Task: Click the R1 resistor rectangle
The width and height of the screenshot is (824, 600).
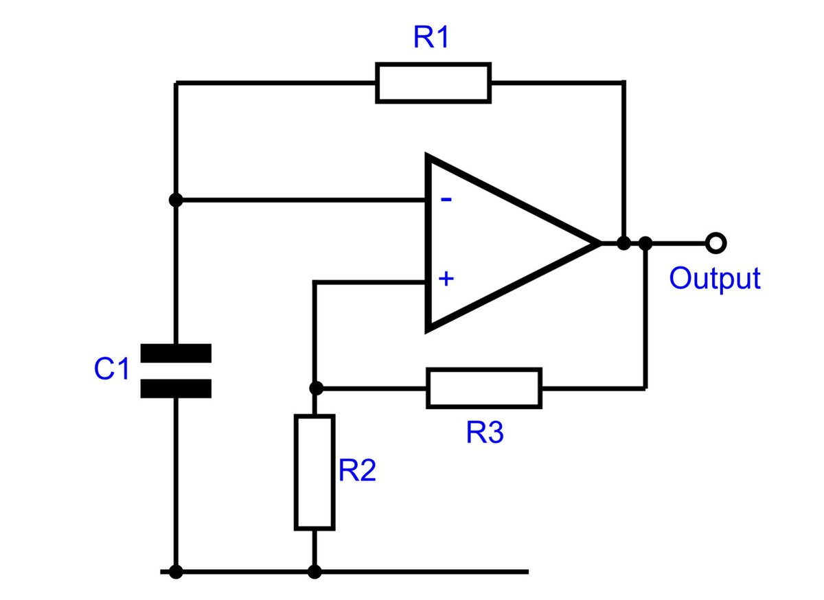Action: pyautogui.click(x=433, y=83)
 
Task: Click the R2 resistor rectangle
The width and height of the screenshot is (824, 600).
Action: pyautogui.click(x=314, y=472)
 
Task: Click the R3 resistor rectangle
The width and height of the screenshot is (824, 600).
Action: pyautogui.click(x=484, y=388)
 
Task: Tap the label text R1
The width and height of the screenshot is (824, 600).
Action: pyautogui.click(x=431, y=38)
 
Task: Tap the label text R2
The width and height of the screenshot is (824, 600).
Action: pyautogui.click(x=357, y=471)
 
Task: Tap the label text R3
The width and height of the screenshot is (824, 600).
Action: pyautogui.click(x=485, y=433)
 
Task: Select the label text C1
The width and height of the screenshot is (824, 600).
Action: pyautogui.click(x=111, y=370)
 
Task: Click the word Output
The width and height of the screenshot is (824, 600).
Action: pyautogui.click(x=715, y=279)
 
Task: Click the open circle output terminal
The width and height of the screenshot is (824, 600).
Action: pyautogui.click(x=716, y=242)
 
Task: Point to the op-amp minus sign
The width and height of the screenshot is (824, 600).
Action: pyautogui.click(x=446, y=200)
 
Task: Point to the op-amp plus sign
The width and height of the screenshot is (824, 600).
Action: pyautogui.click(x=446, y=279)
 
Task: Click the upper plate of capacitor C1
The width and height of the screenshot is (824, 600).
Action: pyautogui.click(x=176, y=353)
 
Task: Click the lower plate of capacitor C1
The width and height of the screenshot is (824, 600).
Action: pyautogui.click(x=176, y=389)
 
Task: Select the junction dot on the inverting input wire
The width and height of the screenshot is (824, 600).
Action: pyautogui.click(x=176, y=200)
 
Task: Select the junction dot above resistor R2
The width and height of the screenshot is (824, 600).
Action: pyautogui.click(x=315, y=388)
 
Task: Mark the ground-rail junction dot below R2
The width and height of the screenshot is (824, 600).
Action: pyautogui.click(x=314, y=571)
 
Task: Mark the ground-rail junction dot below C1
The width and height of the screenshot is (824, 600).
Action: pyautogui.click(x=176, y=571)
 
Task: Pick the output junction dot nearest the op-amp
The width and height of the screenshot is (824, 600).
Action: pyautogui.click(x=623, y=242)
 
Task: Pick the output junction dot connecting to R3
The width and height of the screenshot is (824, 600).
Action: pyautogui.click(x=645, y=242)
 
